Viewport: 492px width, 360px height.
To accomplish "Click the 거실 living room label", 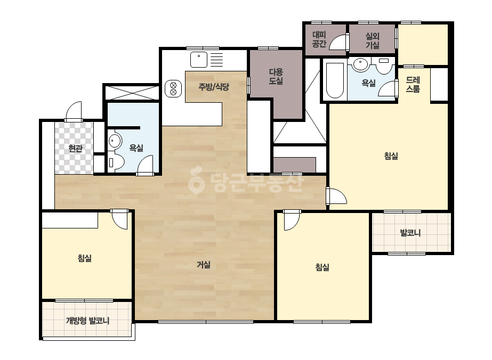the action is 203,265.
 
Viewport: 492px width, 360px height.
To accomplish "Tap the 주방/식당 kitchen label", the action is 214,87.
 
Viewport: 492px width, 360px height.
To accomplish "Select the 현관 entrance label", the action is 75,149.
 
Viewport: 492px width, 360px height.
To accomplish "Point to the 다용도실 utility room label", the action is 276,77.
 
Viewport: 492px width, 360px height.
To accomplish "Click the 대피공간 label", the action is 319,39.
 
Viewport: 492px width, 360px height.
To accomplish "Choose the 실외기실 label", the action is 373,40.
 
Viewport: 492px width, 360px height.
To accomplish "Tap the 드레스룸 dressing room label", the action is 413,84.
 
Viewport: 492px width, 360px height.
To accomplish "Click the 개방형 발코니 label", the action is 87,321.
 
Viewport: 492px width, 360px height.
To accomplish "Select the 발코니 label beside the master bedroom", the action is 410,233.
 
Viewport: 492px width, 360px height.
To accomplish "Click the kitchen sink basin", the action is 199,60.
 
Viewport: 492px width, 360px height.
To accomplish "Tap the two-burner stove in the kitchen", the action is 173,88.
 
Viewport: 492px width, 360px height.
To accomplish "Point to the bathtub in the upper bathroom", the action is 335,80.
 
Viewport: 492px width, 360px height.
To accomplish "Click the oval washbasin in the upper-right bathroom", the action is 360,64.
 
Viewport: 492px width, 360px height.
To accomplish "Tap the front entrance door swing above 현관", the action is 74,111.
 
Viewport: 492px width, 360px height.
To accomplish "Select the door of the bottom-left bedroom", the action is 119,219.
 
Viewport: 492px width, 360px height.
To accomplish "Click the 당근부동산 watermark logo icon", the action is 196,180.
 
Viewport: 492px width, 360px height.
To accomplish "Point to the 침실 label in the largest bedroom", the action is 391,156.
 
